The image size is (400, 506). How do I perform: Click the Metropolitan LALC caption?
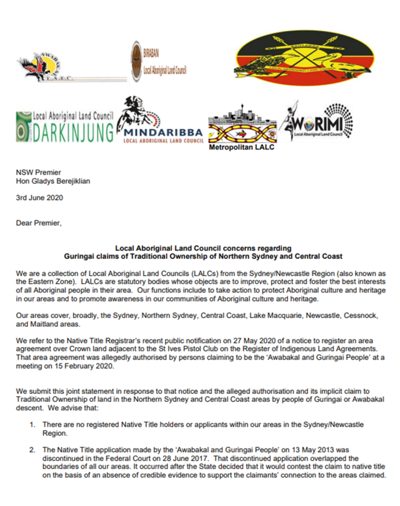tap(241, 147)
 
